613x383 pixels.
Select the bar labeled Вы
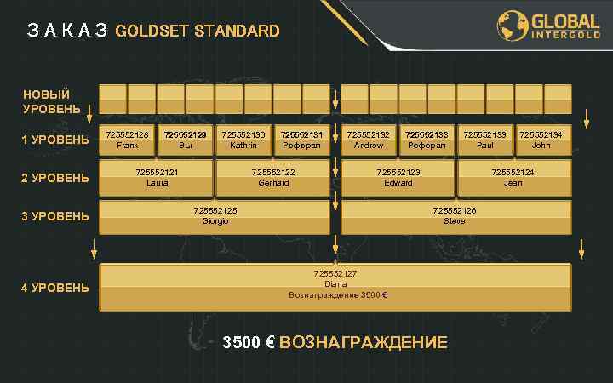pyautogui.click(x=186, y=140)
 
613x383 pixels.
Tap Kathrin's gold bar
pyautogui.click(x=243, y=140)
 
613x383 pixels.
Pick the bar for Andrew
pyautogui.click(x=369, y=140)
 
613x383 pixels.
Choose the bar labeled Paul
pyautogui.click(x=484, y=140)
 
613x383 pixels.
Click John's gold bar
pyautogui.click(x=541, y=140)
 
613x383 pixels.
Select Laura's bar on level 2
pyautogui.click(x=157, y=177)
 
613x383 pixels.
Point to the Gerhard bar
pyautogui.click(x=273, y=177)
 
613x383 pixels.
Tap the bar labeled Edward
pyautogui.click(x=398, y=177)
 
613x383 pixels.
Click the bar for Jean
pyautogui.click(x=513, y=177)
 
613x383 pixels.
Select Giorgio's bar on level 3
pyautogui.click(x=215, y=216)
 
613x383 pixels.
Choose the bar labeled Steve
pyautogui.click(x=455, y=216)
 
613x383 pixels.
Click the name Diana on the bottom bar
pyautogui.click(x=335, y=284)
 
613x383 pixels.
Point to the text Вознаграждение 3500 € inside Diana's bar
pyautogui.click(x=338, y=295)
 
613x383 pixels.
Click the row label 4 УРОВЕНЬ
pyautogui.click(x=55, y=288)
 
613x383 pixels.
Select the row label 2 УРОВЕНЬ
pyautogui.click(x=55, y=178)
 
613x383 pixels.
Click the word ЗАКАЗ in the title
pyautogui.click(x=66, y=31)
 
